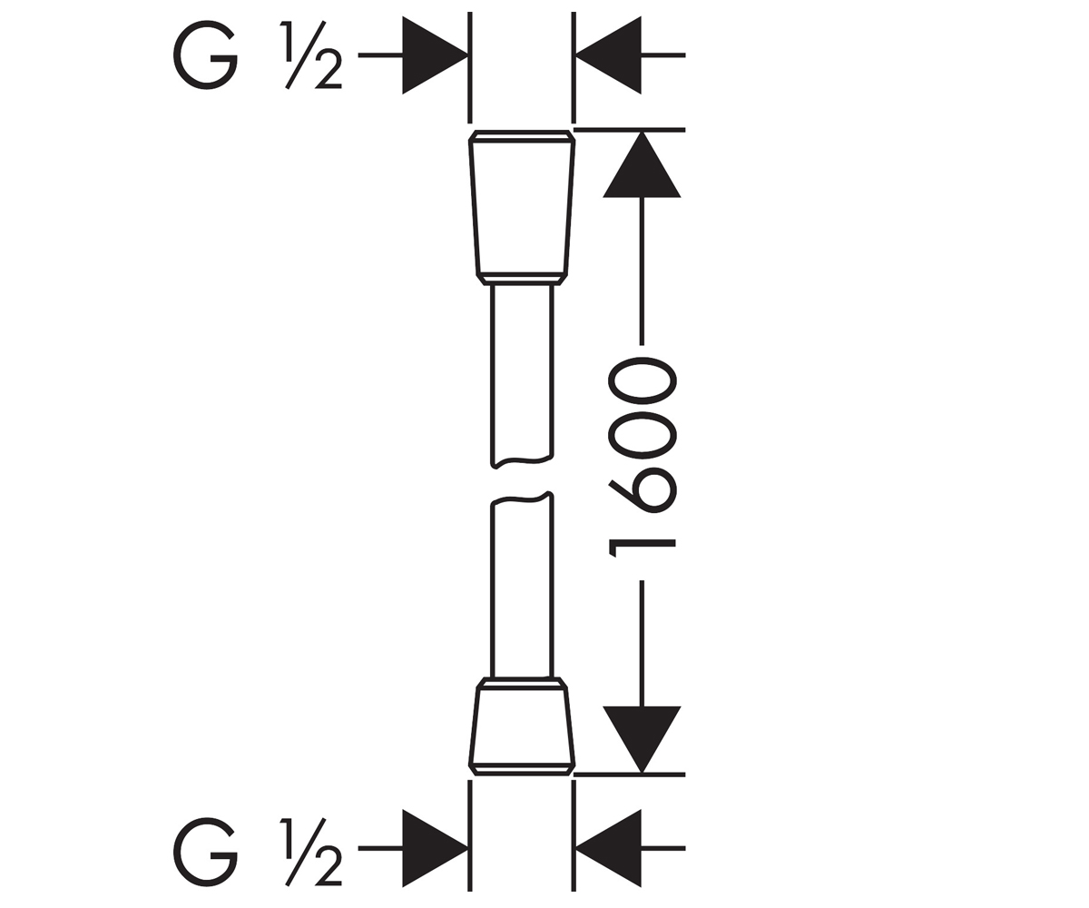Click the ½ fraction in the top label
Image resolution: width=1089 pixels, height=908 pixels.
coord(311,54)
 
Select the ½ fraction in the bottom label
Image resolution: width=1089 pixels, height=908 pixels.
coord(311,853)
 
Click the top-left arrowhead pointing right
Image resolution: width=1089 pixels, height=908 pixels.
coord(435,55)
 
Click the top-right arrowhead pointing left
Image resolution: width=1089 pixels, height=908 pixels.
coord(609,55)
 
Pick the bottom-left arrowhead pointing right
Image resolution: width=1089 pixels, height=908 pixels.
coord(435,848)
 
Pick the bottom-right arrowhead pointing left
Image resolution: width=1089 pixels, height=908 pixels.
coord(609,848)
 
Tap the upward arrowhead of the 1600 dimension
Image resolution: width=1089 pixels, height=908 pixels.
coord(642,165)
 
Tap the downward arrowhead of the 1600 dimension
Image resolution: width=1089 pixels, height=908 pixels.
coord(642,739)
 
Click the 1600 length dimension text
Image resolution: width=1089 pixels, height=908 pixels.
coord(642,458)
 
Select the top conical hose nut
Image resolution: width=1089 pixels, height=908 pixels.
coord(522,207)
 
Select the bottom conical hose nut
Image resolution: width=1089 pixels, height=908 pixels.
coord(522,726)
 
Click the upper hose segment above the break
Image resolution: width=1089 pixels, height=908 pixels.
coord(522,373)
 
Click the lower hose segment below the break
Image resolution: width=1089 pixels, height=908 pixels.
coord(522,586)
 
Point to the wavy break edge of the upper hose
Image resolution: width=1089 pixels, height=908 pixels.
coord(522,459)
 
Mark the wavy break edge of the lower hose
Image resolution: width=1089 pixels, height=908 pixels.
coord(522,498)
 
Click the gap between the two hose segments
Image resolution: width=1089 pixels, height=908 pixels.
coord(522,479)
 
